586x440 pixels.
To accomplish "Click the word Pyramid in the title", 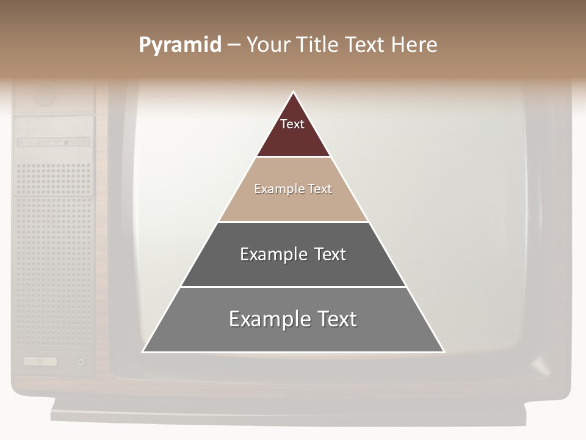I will coord(179,45).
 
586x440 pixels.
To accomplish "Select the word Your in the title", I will coord(267,45).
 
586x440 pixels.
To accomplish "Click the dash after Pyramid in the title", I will coord(234,45).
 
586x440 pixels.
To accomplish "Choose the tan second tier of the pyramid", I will coord(293,205).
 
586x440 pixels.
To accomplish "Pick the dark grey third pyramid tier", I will coord(293,269).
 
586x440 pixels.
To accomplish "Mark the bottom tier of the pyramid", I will coord(293,336).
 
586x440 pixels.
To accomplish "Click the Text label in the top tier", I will coord(292,124).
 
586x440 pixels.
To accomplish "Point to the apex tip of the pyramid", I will coord(294,93).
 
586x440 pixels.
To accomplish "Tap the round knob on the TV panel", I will coord(45,95).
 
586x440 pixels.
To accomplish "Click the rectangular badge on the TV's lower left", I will coord(40,361).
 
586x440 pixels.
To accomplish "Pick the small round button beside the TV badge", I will coord(80,362).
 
